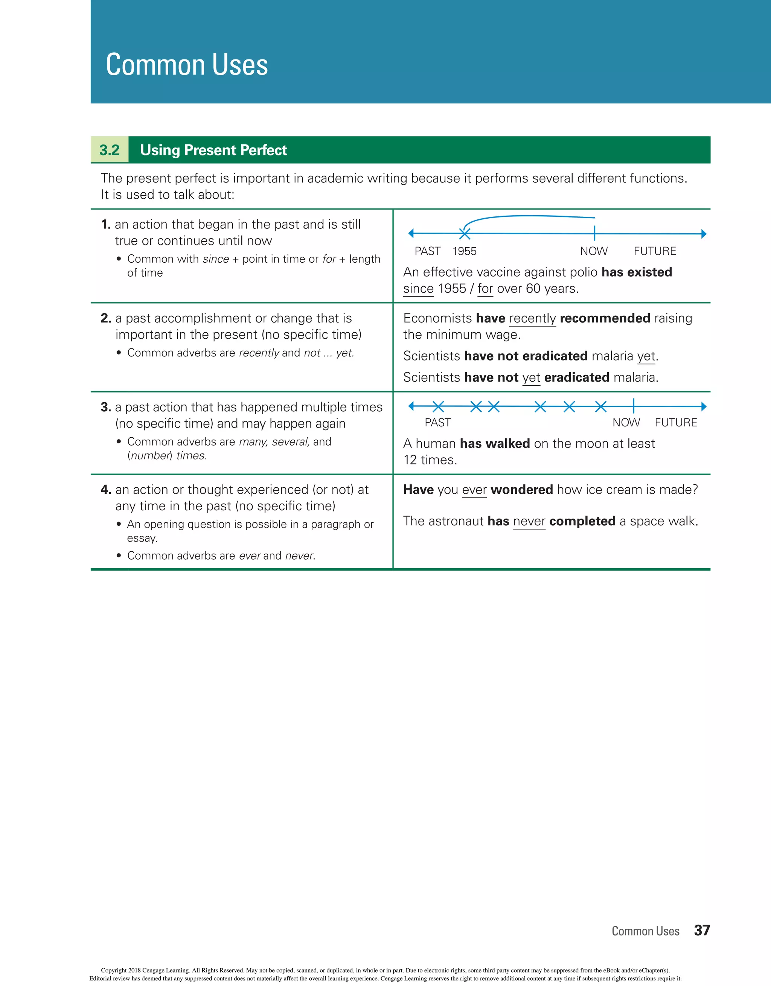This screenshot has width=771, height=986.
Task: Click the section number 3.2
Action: (x=109, y=150)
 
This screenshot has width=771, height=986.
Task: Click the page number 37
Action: (x=702, y=930)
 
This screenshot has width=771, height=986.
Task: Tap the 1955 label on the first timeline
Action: (x=464, y=251)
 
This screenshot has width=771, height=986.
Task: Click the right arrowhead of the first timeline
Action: (x=703, y=234)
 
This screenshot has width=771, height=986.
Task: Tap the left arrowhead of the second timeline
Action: (x=411, y=406)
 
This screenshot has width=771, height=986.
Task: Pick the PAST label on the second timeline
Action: (x=437, y=423)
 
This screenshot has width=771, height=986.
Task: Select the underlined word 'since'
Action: (x=418, y=289)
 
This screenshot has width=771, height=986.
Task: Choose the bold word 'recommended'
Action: (x=605, y=318)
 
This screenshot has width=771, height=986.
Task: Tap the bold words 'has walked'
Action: (x=495, y=443)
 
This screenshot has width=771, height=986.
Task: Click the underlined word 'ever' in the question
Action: (x=474, y=490)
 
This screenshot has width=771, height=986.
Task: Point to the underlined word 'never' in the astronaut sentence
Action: (x=529, y=522)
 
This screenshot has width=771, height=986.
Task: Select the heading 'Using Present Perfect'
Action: (x=213, y=150)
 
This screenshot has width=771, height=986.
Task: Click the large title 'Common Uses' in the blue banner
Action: (x=187, y=65)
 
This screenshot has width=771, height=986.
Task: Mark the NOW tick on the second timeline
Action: (x=634, y=406)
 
